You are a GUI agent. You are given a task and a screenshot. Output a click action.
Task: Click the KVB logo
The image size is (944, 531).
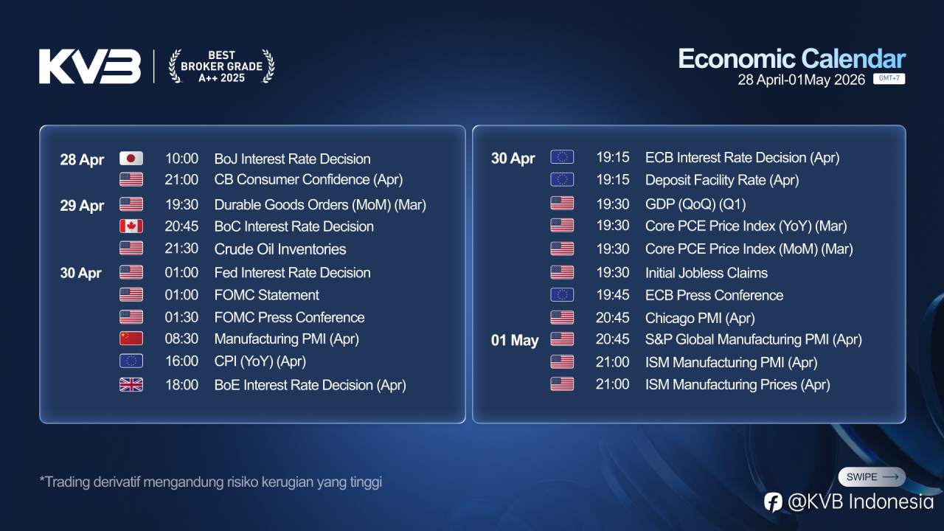pos(90,66)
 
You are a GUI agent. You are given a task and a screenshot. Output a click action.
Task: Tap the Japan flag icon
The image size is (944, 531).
pos(131,159)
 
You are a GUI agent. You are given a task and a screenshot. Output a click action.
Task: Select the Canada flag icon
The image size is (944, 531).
pos(131,226)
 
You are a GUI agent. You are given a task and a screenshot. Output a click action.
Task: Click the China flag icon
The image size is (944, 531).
pos(131,339)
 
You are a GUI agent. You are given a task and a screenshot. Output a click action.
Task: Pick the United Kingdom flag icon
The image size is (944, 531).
pos(131,384)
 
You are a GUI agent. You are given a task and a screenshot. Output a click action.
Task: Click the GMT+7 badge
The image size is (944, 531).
pos(889,79)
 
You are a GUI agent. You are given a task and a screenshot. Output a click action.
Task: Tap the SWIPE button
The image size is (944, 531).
pos(872,477)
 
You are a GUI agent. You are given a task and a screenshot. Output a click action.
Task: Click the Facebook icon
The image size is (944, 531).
pos(773,502)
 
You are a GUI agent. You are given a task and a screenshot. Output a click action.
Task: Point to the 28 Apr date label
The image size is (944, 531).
pos(82,159)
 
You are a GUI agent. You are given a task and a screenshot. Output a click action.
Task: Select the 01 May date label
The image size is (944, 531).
pos(515,341)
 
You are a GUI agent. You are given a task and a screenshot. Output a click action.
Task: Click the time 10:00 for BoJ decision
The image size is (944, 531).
pos(181,159)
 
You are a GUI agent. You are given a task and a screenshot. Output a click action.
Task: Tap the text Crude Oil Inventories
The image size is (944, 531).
pos(280,249)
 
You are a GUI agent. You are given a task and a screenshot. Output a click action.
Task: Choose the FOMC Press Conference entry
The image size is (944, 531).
pos(289,317)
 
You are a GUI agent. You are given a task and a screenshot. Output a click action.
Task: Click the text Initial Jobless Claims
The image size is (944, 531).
pos(707,273)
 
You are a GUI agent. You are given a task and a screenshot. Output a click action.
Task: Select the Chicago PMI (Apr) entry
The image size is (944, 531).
pos(700,318)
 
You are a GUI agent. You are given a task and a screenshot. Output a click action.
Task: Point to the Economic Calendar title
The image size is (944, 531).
pos(791,59)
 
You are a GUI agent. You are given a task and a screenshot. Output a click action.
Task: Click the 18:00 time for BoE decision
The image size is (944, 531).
pos(181,385)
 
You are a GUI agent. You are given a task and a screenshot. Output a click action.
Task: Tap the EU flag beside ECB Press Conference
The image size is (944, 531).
pos(562,295)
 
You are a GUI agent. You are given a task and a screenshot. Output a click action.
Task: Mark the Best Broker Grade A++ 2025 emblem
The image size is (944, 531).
pos(221,66)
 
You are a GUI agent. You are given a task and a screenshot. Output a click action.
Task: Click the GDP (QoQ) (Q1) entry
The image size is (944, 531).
pos(695,204)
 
